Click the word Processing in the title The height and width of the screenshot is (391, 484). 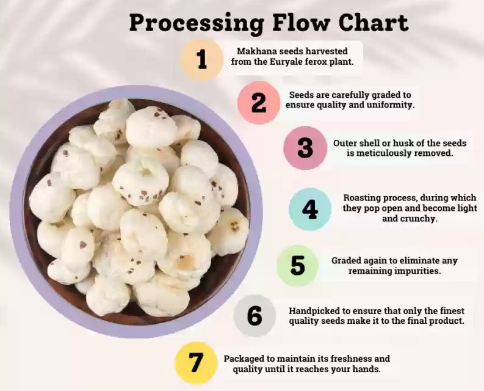pos(197,23)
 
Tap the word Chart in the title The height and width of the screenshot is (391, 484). pos(374,22)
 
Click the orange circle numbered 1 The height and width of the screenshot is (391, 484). pos(202,60)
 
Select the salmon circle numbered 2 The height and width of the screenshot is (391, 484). pos(259,103)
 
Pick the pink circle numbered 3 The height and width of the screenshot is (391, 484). pos(305,148)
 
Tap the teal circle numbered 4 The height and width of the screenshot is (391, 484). pos(310,210)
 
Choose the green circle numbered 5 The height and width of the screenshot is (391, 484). pos(297,266)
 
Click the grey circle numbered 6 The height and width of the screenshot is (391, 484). pos(255,316)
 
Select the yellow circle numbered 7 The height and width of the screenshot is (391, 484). pos(196,363)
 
